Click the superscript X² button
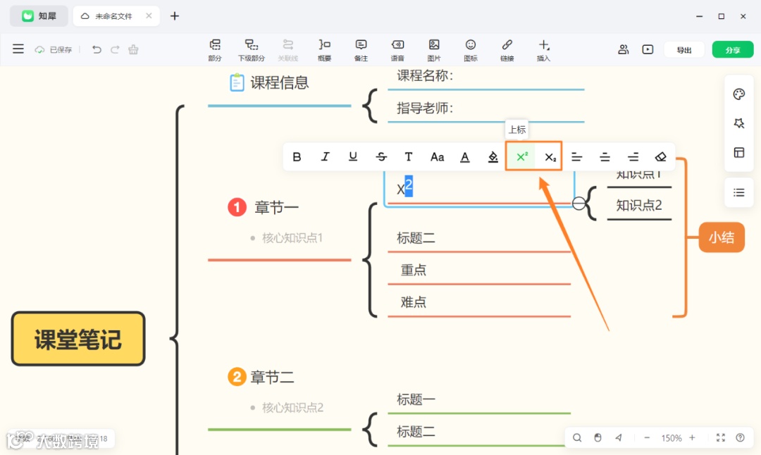tap(521, 157)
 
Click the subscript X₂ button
tap(550, 157)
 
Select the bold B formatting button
tap(297, 157)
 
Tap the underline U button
tap(353, 157)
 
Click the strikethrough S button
tap(381, 157)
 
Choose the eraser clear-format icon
tap(660, 157)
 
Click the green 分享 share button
tap(733, 50)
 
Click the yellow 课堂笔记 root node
tap(78, 339)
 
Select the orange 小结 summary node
tap(722, 237)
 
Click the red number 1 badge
tap(237, 208)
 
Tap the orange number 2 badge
tap(237, 378)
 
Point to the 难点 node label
tap(413, 302)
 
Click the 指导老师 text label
tap(424, 108)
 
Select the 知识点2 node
tap(639, 205)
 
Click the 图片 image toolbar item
tap(434, 50)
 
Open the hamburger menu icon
tap(18, 49)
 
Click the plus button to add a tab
tap(175, 16)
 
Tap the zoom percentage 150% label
tap(671, 438)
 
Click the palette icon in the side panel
tap(738, 95)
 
